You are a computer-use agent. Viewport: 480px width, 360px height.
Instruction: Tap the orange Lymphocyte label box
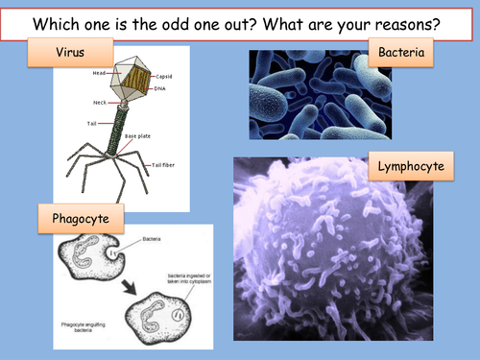411,167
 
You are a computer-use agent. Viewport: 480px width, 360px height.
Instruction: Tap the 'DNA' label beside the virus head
158,88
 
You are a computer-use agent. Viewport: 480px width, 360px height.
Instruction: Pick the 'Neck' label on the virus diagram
99,103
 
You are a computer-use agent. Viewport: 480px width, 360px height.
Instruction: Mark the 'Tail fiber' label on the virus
163,164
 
